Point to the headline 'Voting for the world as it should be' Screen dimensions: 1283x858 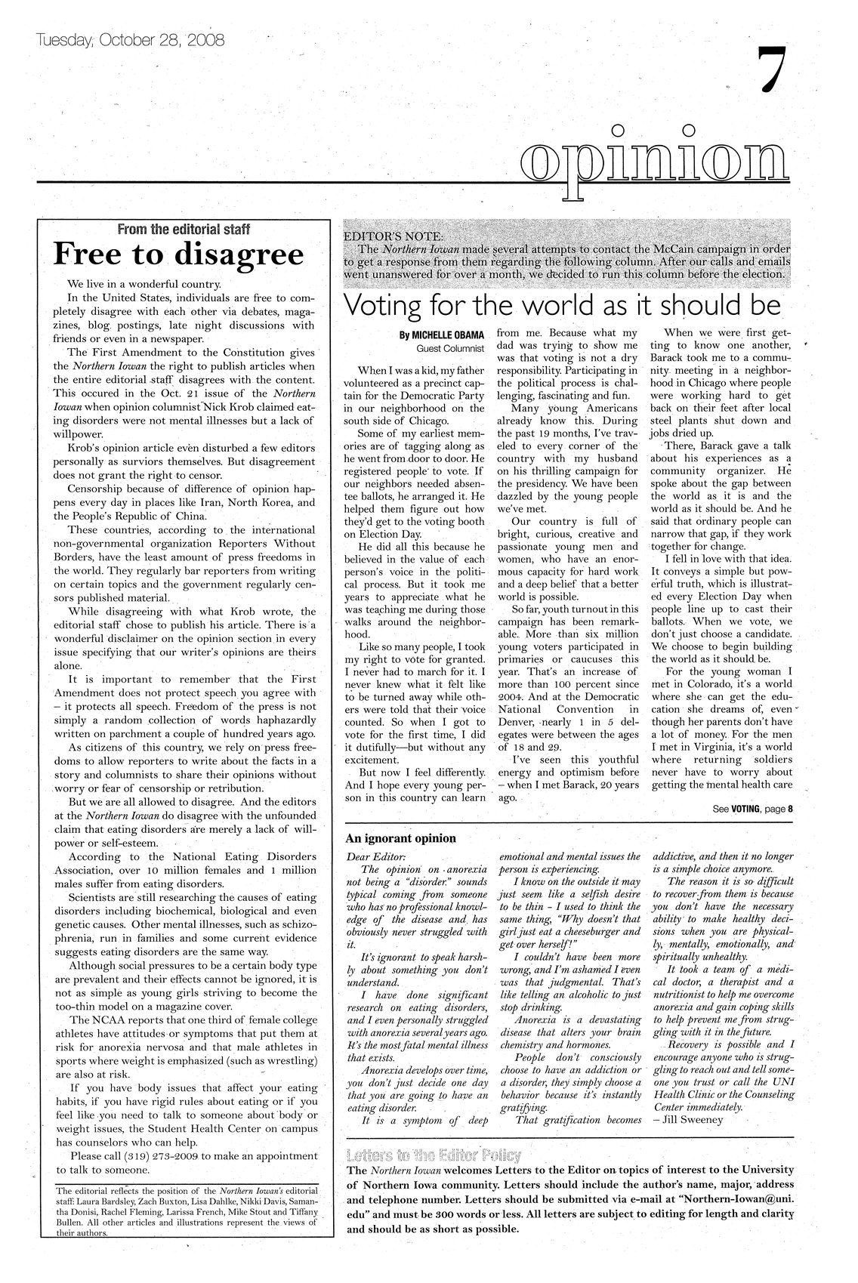[x=561, y=305]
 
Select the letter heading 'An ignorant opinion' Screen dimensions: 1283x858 [x=400, y=837]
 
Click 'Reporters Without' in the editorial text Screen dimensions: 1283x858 [x=266, y=543]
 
